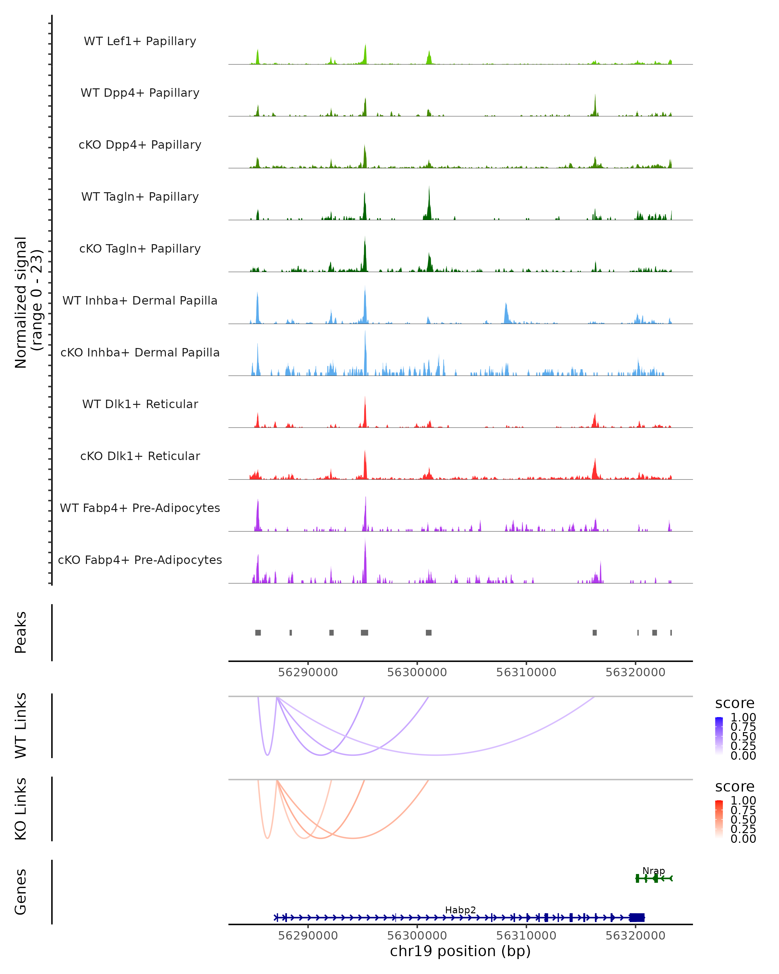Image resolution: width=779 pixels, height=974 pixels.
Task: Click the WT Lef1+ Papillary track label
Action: coord(140,41)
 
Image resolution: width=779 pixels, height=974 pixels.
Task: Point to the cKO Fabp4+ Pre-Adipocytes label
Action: coord(140,560)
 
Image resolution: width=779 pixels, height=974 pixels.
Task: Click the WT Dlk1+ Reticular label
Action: coord(140,404)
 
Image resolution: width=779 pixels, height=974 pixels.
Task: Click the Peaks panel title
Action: coord(21,632)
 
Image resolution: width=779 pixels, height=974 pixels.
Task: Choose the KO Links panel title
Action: coord(21,809)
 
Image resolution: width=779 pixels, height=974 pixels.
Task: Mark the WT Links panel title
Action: coord(21,726)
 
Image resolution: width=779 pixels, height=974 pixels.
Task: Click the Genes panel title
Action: coord(21,892)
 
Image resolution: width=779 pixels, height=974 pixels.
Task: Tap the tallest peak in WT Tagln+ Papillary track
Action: coord(429,187)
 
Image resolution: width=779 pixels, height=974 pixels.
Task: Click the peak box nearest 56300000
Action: coord(428,632)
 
